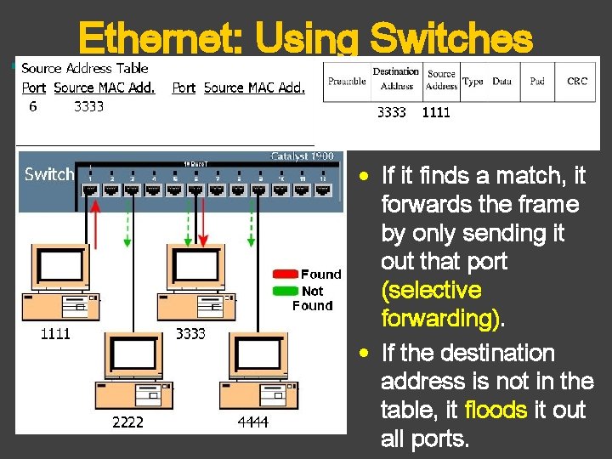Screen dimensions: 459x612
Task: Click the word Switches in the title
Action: (452, 38)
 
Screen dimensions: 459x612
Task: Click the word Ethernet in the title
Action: (160, 38)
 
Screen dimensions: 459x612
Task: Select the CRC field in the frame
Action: (577, 82)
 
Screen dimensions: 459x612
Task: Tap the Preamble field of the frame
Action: (347, 82)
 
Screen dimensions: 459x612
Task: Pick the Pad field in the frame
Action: (537, 82)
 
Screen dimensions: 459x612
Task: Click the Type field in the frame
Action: (473, 82)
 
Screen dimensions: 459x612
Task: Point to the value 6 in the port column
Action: (33, 106)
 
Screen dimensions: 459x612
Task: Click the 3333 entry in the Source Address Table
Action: (89, 106)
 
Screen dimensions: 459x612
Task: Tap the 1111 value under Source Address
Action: (436, 112)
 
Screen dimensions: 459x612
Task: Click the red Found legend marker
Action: (285, 275)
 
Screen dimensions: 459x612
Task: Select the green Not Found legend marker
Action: (285, 291)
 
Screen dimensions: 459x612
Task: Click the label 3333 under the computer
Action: (190, 334)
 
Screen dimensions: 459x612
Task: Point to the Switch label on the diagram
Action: (49, 174)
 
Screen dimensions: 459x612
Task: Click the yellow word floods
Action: (496, 411)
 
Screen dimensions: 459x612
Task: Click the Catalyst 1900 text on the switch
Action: (302, 156)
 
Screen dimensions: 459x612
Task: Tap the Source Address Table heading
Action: (85, 69)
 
